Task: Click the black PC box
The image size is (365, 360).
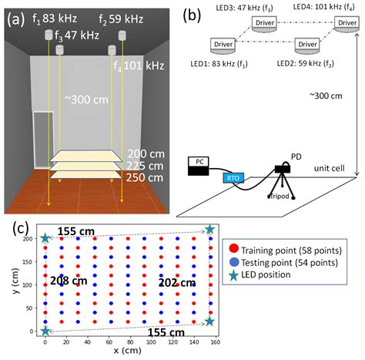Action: [x=199, y=166]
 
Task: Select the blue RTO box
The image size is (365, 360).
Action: [x=235, y=178]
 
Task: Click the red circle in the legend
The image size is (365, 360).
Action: [x=233, y=248]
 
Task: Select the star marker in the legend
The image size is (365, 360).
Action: [x=233, y=274]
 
